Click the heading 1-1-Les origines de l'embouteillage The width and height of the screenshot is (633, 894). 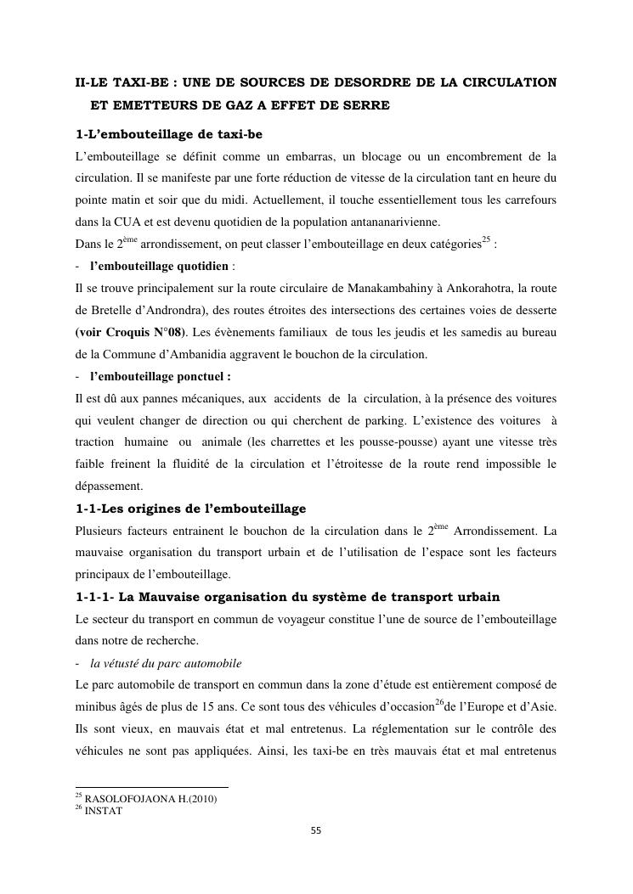[x=191, y=509]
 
